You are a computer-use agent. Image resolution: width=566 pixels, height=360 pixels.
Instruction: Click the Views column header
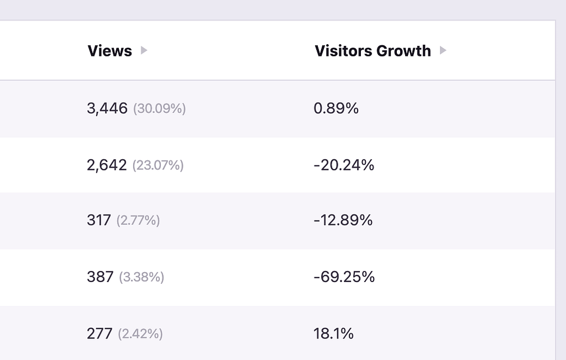point(109,51)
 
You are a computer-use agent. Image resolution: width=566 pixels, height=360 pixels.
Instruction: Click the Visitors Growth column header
point(373,51)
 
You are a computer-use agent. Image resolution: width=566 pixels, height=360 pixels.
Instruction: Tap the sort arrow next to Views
point(144,50)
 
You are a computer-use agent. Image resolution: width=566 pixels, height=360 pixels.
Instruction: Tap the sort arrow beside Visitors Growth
point(442,50)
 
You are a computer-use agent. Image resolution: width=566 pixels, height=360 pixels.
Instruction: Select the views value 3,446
point(107,108)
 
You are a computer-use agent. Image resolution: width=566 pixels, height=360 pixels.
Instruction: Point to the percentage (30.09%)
point(159,109)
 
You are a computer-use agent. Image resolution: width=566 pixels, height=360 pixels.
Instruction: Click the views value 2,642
point(107,165)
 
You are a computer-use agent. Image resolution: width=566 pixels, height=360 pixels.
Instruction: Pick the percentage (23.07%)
point(158,165)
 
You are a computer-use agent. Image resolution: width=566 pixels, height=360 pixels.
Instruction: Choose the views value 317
point(99,221)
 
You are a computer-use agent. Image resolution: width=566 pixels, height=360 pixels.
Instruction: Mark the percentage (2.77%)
point(138,221)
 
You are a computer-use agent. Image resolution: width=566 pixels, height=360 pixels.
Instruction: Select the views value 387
point(100,277)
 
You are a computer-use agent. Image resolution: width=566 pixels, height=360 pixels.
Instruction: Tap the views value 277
point(99,333)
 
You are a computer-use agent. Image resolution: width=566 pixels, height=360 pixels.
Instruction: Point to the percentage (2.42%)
point(140,334)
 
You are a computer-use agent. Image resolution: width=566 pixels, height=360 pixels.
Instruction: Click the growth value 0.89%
point(336,108)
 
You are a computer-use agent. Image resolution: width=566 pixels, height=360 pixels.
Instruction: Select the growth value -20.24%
point(343,165)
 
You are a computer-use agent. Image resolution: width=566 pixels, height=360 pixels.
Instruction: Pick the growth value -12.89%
point(343,221)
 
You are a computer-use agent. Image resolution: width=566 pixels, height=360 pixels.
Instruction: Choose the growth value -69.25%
point(344,277)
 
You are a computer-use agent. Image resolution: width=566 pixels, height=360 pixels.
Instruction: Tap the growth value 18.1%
point(333,333)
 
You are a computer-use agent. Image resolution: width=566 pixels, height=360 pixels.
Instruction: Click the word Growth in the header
point(403,51)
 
